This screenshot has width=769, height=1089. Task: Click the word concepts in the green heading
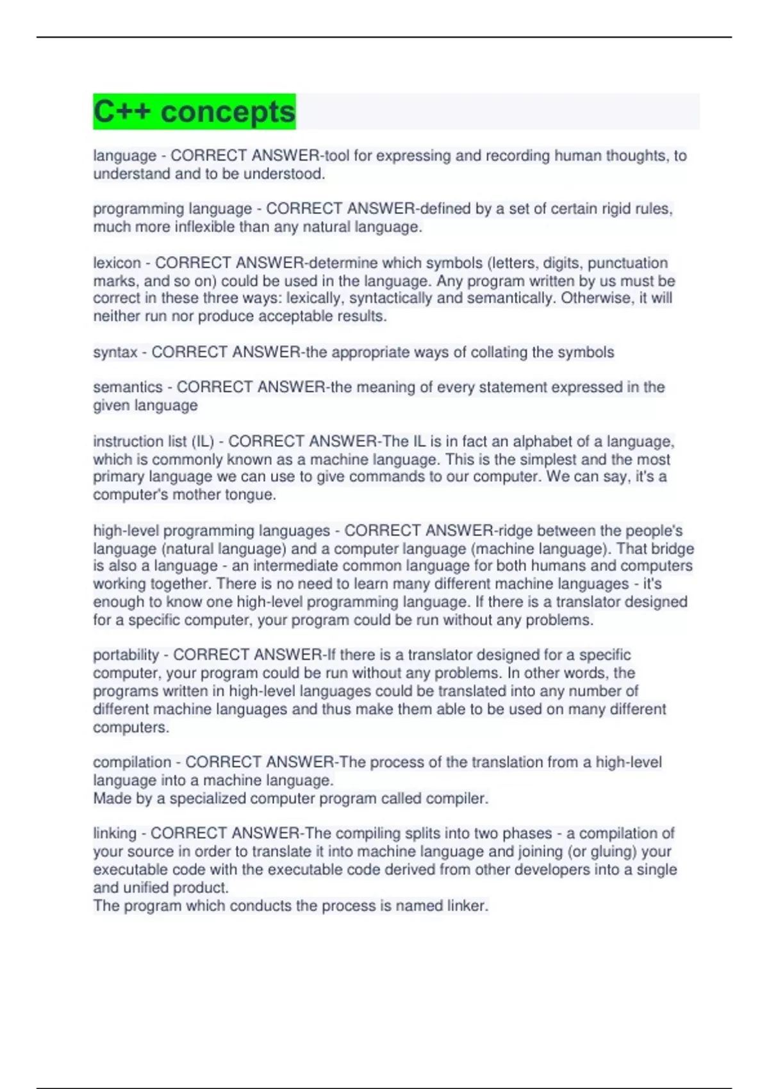click(227, 112)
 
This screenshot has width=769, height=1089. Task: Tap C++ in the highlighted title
click(122, 112)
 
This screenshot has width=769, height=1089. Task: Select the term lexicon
click(117, 263)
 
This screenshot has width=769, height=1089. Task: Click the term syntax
click(115, 352)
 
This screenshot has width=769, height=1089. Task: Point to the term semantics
click(128, 388)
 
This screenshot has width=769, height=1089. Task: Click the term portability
click(126, 655)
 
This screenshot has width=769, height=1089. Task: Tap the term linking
click(115, 833)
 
